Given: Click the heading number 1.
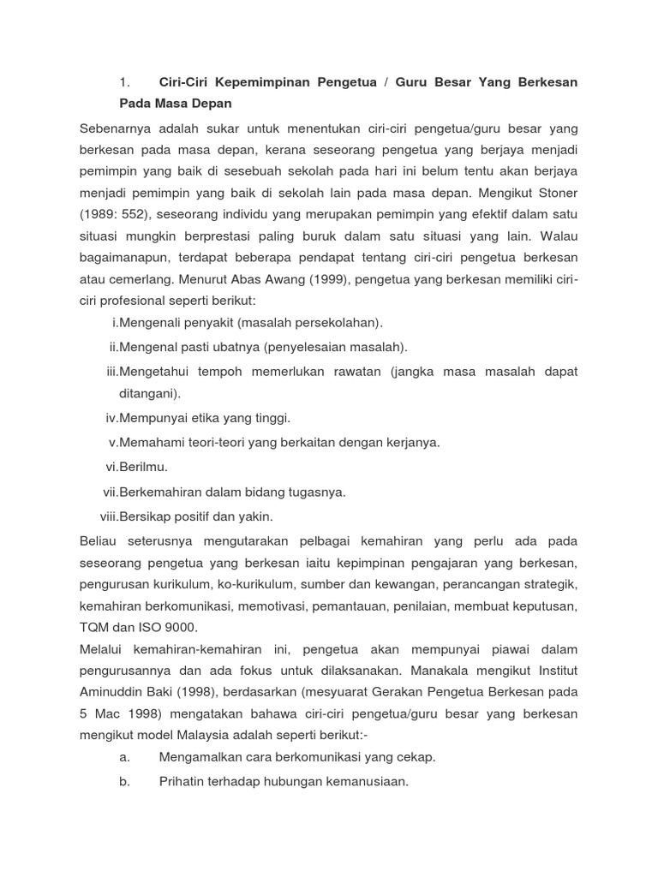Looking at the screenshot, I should coord(124,82).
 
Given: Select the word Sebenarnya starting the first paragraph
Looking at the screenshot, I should coord(115,128).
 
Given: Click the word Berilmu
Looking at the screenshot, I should coord(144,467).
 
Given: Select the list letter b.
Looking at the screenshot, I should coord(124,781).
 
